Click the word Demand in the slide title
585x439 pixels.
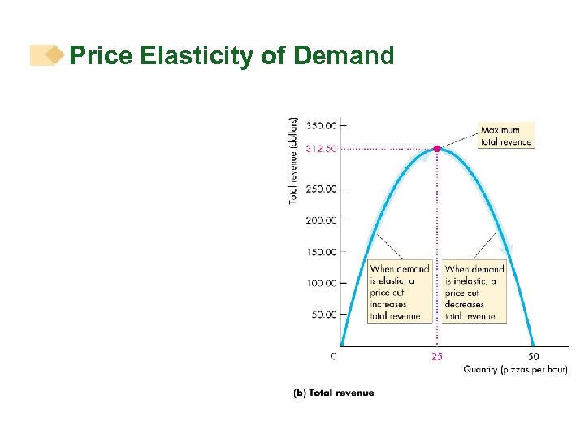click(x=344, y=56)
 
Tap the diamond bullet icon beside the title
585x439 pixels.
click(x=54, y=55)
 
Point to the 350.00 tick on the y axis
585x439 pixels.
click(x=321, y=125)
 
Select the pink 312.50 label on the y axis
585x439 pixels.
click(x=321, y=149)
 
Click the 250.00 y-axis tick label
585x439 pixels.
click(x=321, y=189)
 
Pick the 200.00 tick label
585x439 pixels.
click(x=321, y=220)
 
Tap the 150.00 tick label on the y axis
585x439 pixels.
click(x=321, y=252)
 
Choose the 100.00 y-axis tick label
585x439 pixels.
click(x=321, y=283)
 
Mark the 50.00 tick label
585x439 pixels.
click(x=323, y=315)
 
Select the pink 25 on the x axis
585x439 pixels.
click(x=437, y=357)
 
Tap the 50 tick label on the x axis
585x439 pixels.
click(x=533, y=356)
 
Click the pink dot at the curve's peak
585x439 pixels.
click(x=437, y=149)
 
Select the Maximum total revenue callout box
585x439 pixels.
click(x=505, y=136)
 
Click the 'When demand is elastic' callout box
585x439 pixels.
click(x=400, y=292)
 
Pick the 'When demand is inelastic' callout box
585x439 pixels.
click(x=474, y=292)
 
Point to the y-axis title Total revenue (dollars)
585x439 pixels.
click(x=294, y=159)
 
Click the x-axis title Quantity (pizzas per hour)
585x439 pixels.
click(x=515, y=370)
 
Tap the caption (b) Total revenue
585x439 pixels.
click(x=333, y=393)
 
